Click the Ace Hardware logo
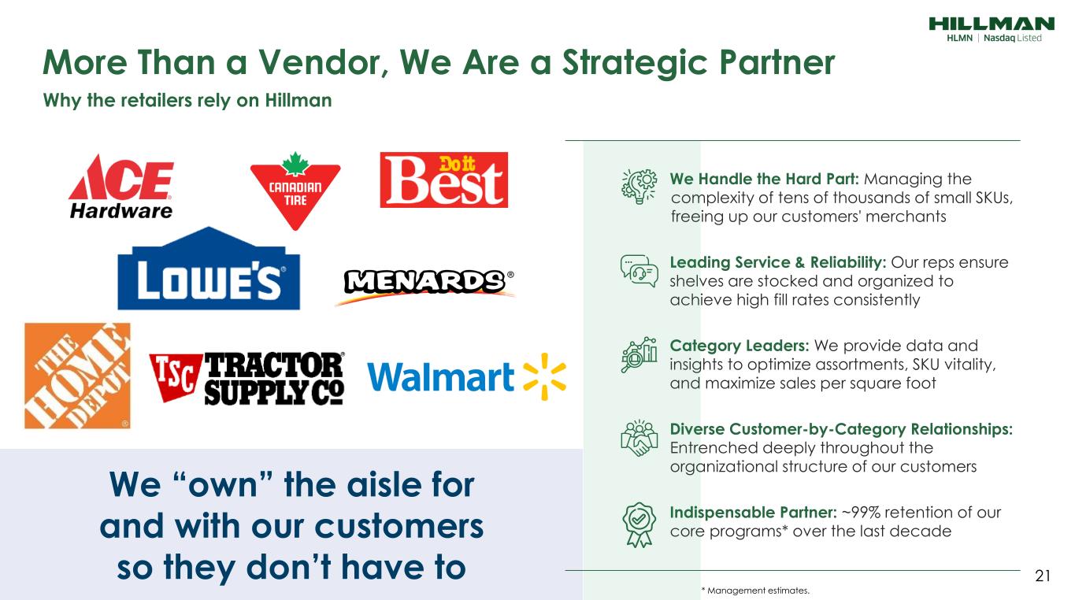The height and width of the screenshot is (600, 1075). pyautogui.click(x=121, y=187)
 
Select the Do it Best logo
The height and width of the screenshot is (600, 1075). pyautogui.click(x=444, y=180)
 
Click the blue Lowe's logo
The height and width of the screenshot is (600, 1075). pyautogui.click(x=209, y=269)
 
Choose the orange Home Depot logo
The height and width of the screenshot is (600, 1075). pyautogui.click(x=77, y=376)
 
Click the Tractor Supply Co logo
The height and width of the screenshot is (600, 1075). pyautogui.click(x=247, y=378)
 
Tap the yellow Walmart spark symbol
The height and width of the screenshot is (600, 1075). pyautogui.click(x=544, y=377)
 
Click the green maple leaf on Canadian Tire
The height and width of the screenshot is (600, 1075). pyautogui.click(x=295, y=163)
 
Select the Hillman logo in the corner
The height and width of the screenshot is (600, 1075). pyautogui.click(x=992, y=29)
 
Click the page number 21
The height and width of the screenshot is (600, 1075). pyautogui.click(x=1043, y=576)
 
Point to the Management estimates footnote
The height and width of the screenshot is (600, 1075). pyautogui.click(x=755, y=591)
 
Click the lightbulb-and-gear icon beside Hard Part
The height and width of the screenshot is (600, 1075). pyautogui.click(x=639, y=187)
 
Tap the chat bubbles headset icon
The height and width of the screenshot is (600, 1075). pyautogui.click(x=639, y=271)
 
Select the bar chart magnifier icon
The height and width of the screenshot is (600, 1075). pyautogui.click(x=639, y=354)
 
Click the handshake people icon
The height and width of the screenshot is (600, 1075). pyautogui.click(x=639, y=439)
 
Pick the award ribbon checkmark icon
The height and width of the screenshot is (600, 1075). pyautogui.click(x=639, y=525)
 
